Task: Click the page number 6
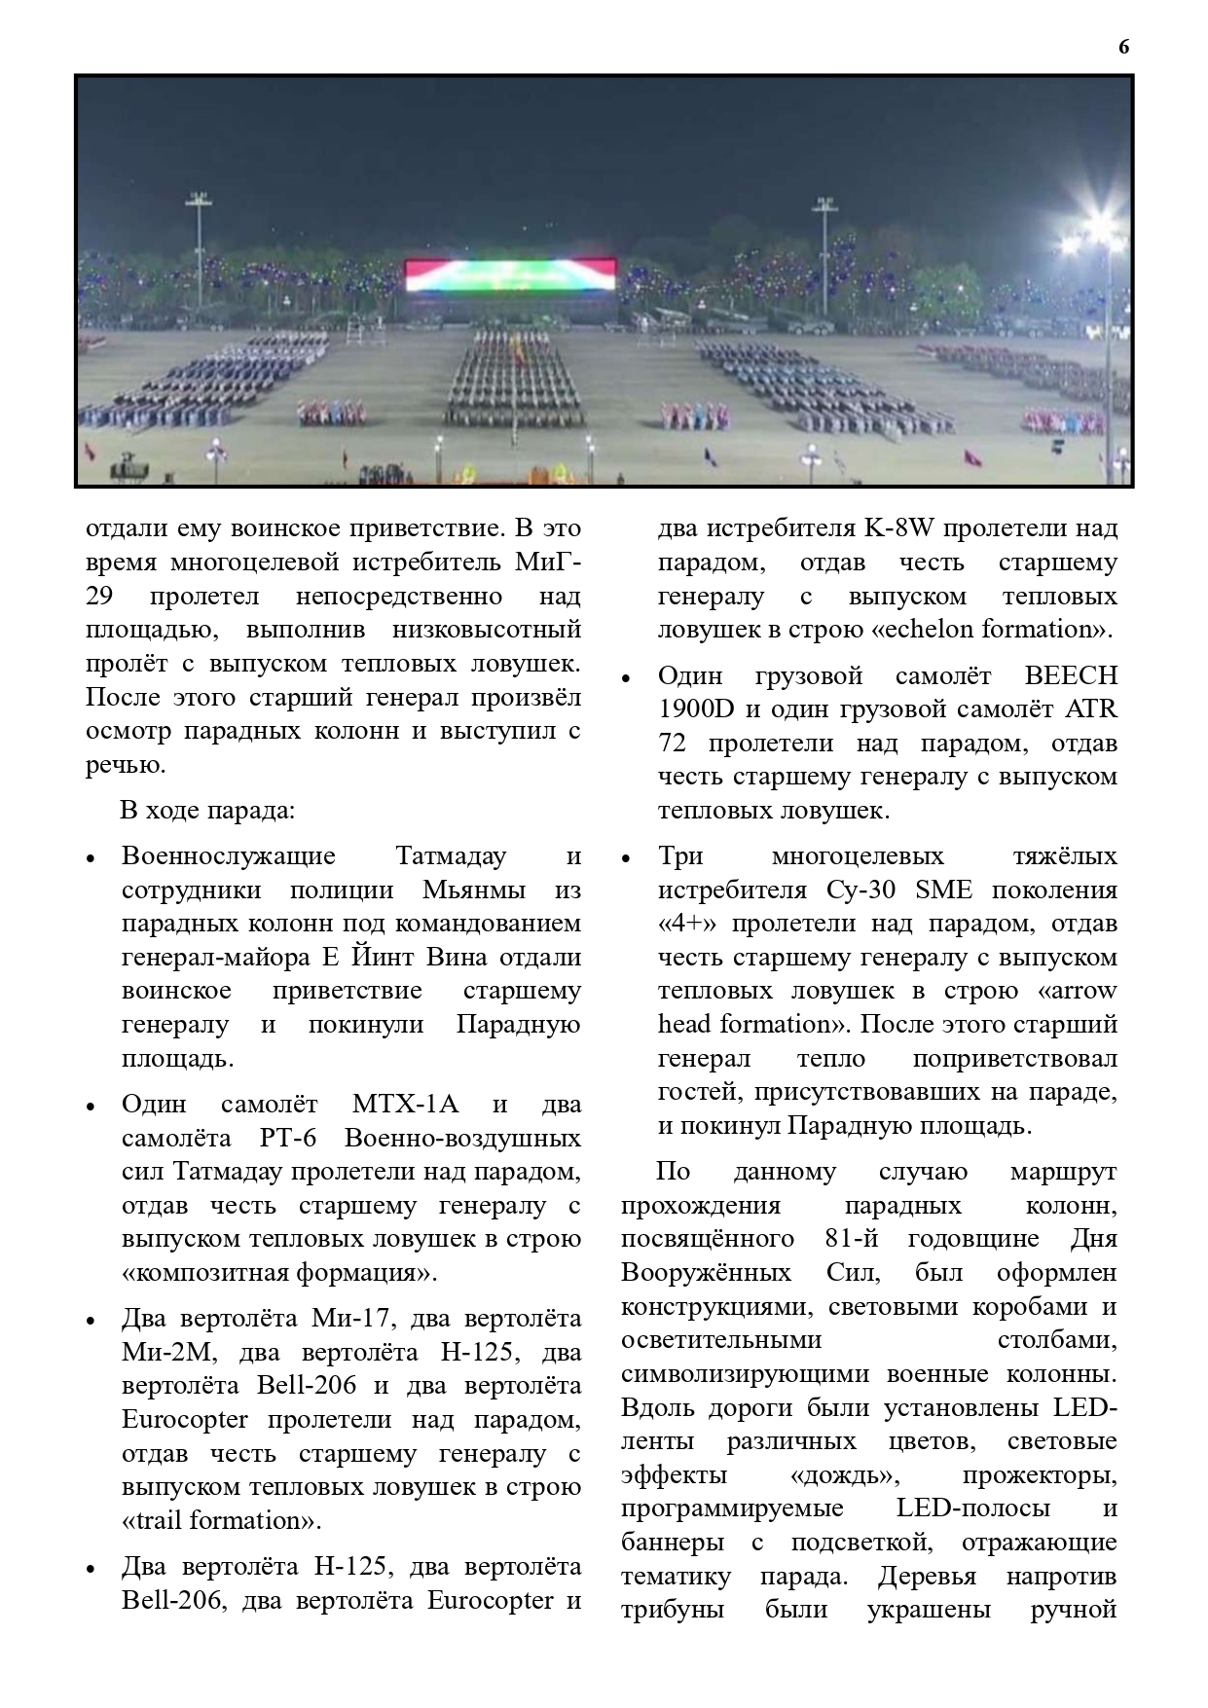click(x=1124, y=48)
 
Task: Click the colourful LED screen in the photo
click(x=510, y=275)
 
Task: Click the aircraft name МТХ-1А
click(x=405, y=1105)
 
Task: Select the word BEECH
click(x=1071, y=675)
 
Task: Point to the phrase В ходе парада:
click(x=206, y=810)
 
